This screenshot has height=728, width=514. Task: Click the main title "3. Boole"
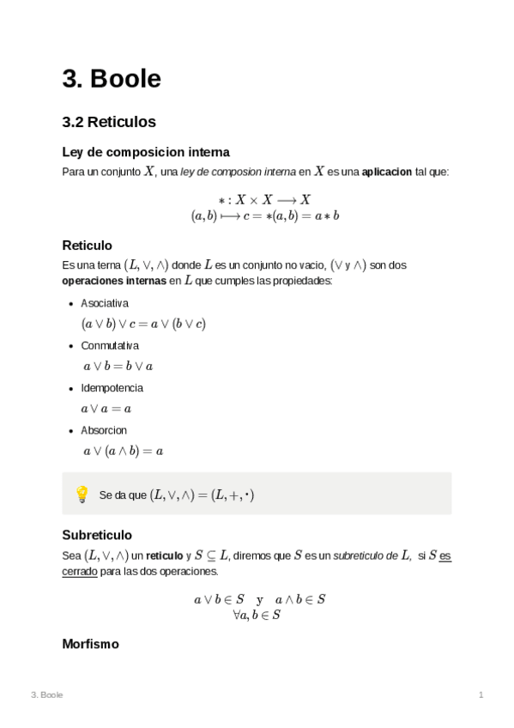pyautogui.click(x=112, y=79)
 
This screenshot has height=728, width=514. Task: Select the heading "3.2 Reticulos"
pyautogui.click(x=108, y=122)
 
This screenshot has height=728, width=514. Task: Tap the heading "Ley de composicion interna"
pyautogui.click(x=146, y=152)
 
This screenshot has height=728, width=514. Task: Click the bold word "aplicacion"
pyautogui.click(x=387, y=172)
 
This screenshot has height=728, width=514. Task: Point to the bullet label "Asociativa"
pyautogui.click(x=105, y=303)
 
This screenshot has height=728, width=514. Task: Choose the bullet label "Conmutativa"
pyautogui.click(x=110, y=345)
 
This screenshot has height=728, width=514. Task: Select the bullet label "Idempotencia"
pyautogui.click(x=112, y=387)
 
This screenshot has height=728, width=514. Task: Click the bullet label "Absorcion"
pyautogui.click(x=104, y=429)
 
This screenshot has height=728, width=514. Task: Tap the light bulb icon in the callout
pyautogui.click(x=82, y=494)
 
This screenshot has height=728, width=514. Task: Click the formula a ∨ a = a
pyautogui.click(x=106, y=409)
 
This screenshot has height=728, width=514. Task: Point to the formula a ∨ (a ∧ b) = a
pyautogui.click(x=123, y=451)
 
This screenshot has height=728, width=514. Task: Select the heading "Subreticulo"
pyautogui.click(x=97, y=534)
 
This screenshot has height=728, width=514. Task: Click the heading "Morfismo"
pyautogui.click(x=90, y=643)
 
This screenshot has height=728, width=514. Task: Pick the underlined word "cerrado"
pyautogui.click(x=80, y=571)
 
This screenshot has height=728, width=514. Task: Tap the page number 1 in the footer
pyautogui.click(x=481, y=695)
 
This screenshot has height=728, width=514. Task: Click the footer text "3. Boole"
pyautogui.click(x=46, y=695)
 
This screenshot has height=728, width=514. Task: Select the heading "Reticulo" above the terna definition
pyautogui.click(x=87, y=245)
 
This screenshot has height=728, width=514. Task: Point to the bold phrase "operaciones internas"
pyautogui.click(x=114, y=281)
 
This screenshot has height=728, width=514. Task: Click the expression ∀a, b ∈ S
pyautogui.click(x=257, y=615)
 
